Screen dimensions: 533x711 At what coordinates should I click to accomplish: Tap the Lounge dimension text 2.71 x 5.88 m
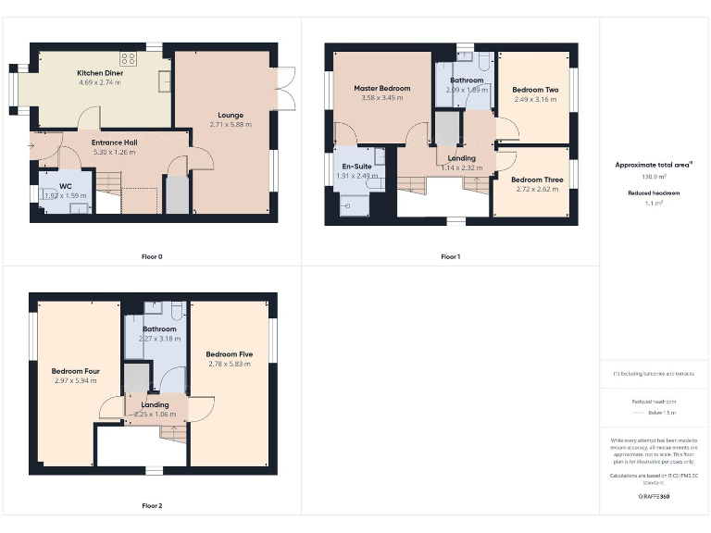[231, 125]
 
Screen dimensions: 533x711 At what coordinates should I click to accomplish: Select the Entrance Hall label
[114, 142]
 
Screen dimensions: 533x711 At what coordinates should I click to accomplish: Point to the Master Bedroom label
[381, 88]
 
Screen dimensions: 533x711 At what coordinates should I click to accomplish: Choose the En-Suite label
[352, 167]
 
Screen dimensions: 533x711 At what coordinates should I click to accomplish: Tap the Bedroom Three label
[536, 180]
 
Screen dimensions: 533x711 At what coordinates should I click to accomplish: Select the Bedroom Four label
[75, 371]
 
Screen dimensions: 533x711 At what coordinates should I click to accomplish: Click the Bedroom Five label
[230, 354]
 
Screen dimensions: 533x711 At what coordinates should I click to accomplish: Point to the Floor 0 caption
[152, 256]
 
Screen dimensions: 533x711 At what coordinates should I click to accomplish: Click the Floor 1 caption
[450, 256]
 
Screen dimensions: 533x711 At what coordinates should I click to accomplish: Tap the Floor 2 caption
[152, 506]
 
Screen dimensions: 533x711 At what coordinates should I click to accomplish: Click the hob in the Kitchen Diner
[128, 58]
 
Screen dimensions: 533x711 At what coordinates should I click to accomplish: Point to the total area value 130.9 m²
[655, 176]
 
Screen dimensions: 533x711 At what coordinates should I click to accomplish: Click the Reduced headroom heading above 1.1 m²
[655, 192]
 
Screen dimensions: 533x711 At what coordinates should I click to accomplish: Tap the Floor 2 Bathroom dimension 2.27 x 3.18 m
[159, 339]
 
